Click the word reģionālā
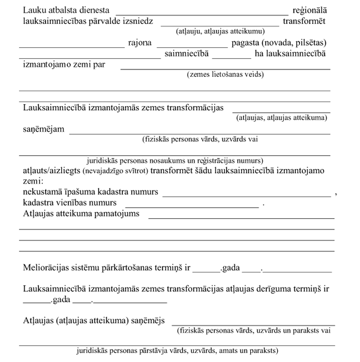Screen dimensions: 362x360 [x=309, y=11]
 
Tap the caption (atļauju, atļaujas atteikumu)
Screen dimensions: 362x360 [x=220, y=31]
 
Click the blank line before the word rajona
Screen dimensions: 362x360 [x=71, y=46]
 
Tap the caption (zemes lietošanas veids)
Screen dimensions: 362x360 [x=225, y=74]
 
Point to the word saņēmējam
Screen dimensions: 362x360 [x=43, y=129]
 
